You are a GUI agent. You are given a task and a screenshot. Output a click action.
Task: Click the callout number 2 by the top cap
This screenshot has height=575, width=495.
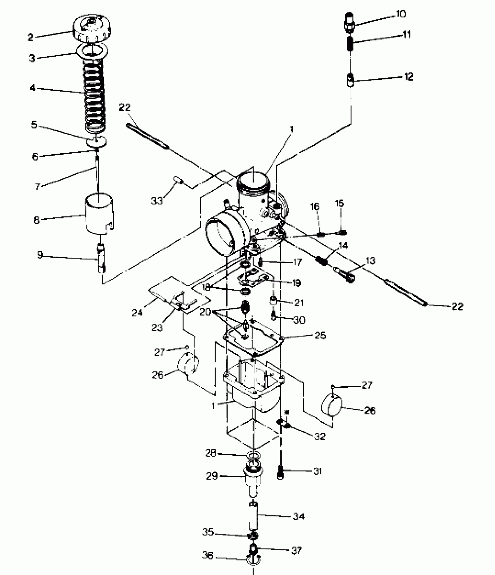[x=31, y=37]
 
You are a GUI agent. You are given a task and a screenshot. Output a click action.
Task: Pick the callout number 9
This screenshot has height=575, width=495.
[x=40, y=255]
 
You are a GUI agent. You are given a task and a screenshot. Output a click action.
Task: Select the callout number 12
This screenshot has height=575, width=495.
[x=409, y=77]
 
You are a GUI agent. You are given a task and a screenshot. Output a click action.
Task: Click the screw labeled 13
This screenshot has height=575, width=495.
[x=345, y=274]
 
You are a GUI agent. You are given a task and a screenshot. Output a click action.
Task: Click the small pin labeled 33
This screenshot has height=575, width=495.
[x=178, y=180]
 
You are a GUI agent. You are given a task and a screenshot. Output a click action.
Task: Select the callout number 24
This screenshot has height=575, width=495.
[x=137, y=312]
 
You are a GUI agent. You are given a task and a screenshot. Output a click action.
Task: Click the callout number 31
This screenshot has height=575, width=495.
[x=317, y=471]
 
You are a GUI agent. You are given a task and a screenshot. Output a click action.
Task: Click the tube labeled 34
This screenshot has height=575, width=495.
[x=254, y=517]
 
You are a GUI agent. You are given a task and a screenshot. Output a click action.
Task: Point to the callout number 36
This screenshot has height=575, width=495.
[x=207, y=556]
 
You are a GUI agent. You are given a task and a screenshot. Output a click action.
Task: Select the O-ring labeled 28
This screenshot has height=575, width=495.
[x=254, y=455]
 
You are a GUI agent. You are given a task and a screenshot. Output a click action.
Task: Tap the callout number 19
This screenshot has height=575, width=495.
[x=296, y=283]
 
